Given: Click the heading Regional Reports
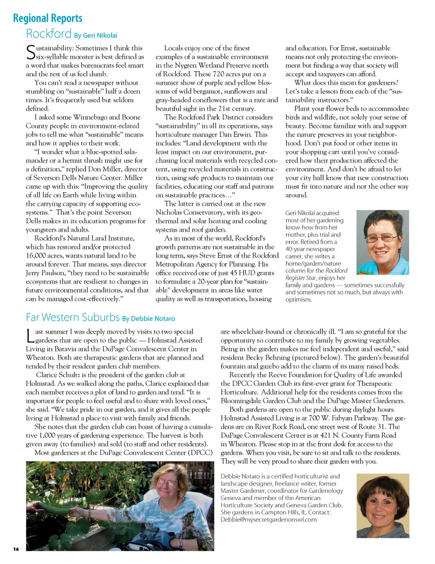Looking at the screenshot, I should point(48,19).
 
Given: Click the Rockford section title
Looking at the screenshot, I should point(48,34).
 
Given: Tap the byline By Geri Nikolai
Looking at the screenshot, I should point(96,35).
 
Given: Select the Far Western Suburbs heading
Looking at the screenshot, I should point(72,317).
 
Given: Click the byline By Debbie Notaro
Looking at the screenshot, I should point(149,318).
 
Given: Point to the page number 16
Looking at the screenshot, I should point(16,549).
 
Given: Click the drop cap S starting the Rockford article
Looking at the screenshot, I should point(30,52).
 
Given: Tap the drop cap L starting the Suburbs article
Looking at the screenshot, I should point(30,336).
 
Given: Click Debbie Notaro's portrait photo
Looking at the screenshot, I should point(383,506).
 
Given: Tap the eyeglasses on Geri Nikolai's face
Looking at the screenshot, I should point(382,237).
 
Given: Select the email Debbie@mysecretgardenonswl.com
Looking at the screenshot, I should point(269,520).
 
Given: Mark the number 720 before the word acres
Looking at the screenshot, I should point(218,74).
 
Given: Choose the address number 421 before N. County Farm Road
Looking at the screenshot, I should point(328,435).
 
